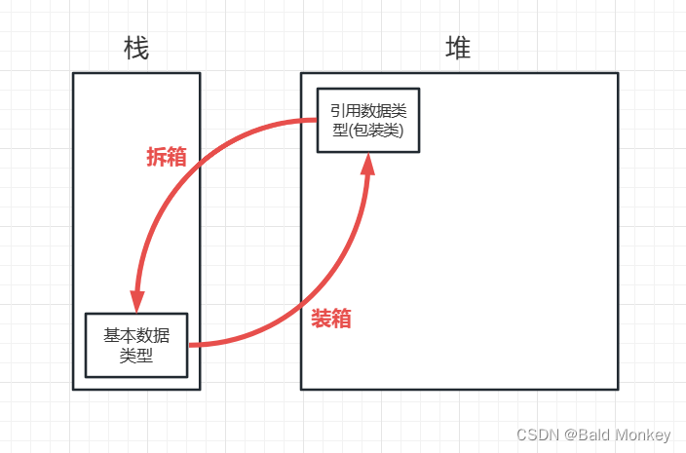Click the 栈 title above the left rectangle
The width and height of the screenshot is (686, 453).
click(136, 49)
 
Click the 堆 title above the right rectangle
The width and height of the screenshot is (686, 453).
click(458, 49)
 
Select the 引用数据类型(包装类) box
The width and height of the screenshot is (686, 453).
click(367, 120)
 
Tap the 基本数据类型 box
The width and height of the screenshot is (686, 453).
click(136, 345)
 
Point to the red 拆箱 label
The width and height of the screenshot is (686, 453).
click(166, 159)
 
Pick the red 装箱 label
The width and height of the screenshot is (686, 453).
click(331, 319)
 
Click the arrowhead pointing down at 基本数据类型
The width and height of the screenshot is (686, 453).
click(137, 300)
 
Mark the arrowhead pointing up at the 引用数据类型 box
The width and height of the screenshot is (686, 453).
click(367, 167)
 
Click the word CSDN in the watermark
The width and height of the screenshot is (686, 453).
click(535, 434)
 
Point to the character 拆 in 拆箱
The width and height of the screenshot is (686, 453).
click(156, 159)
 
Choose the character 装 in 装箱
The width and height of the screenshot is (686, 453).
click(322, 319)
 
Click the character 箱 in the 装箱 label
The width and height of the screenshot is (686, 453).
click(342, 319)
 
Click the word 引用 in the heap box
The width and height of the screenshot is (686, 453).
click(341, 111)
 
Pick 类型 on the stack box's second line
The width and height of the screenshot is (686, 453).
click(136, 356)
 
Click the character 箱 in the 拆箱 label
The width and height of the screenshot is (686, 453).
click(176, 159)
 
